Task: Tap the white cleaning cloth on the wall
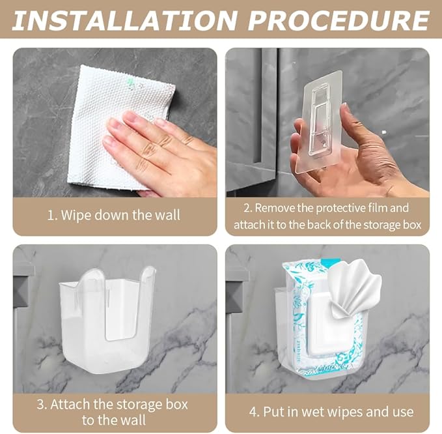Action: coord(104,124)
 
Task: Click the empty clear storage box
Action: coord(108,319)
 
